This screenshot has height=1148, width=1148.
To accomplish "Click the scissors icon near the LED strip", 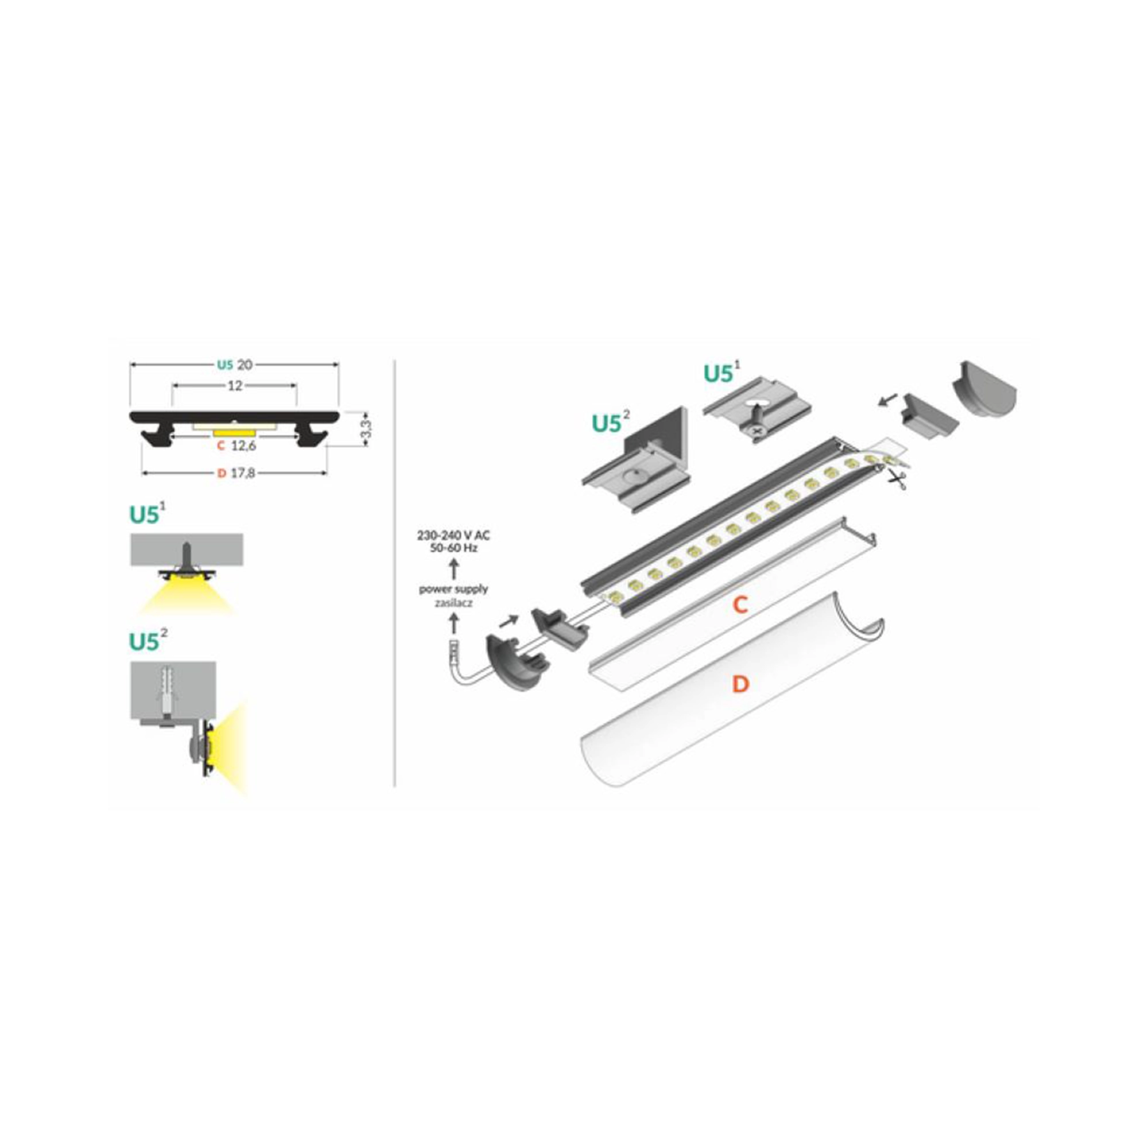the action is [x=897, y=479].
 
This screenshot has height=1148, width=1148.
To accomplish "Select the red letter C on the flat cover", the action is [x=739, y=605].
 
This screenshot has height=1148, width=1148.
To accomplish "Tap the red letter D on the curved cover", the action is [x=740, y=684].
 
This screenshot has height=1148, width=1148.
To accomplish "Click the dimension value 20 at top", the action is [x=245, y=365].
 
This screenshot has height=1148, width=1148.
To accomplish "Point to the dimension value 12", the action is [x=235, y=386].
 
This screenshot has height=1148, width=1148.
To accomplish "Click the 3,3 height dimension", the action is [x=367, y=429].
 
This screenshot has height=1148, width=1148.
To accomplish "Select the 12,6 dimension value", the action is [x=243, y=446].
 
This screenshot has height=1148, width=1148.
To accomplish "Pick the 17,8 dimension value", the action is [x=242, y=473].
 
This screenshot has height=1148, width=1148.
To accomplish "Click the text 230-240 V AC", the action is [x=453, y=536].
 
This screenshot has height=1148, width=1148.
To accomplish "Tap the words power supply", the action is [x=453, y=589].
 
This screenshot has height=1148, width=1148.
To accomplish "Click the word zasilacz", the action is [x=453, y=603].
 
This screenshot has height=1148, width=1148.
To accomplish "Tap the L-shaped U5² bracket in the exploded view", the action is [x=636, y=463].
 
